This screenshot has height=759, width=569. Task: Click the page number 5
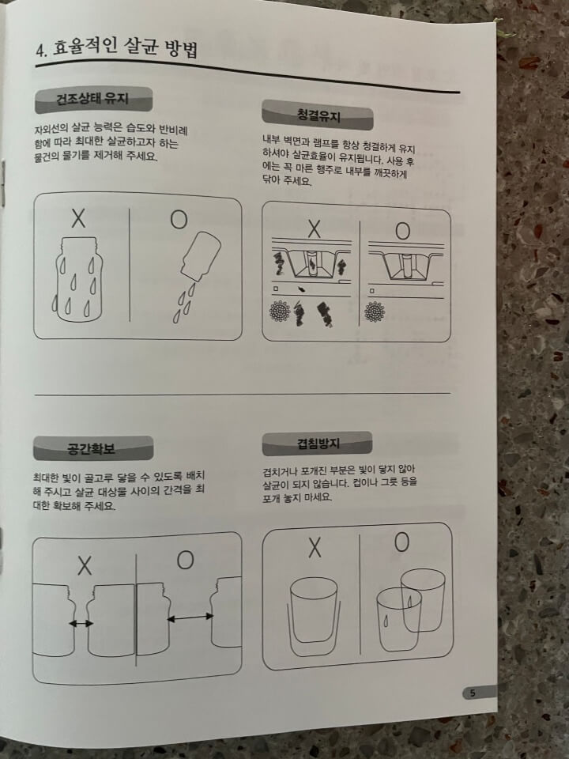tap(473, 693)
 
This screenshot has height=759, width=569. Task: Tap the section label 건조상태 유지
tap(93, 100)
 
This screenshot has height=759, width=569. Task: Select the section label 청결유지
tap(318, 115)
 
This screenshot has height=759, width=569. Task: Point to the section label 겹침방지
tap(318, 443)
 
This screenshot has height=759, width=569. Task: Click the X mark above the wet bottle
tap(78, 218)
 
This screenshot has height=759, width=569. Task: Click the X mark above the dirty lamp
tap(315, 228)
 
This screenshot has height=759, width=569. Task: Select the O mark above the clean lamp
tap(402, 232)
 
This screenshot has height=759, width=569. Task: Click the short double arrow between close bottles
tap(81, 624)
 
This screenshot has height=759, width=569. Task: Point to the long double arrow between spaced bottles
tap(190, 617)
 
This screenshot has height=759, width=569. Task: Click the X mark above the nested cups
tap(315, 547)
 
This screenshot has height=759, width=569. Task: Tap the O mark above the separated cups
tap(401, 542)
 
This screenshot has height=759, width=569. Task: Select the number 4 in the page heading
tap(40, 51)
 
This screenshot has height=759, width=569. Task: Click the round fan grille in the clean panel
tap(374, 312)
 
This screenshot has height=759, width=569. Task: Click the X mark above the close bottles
tap(85, 566)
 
